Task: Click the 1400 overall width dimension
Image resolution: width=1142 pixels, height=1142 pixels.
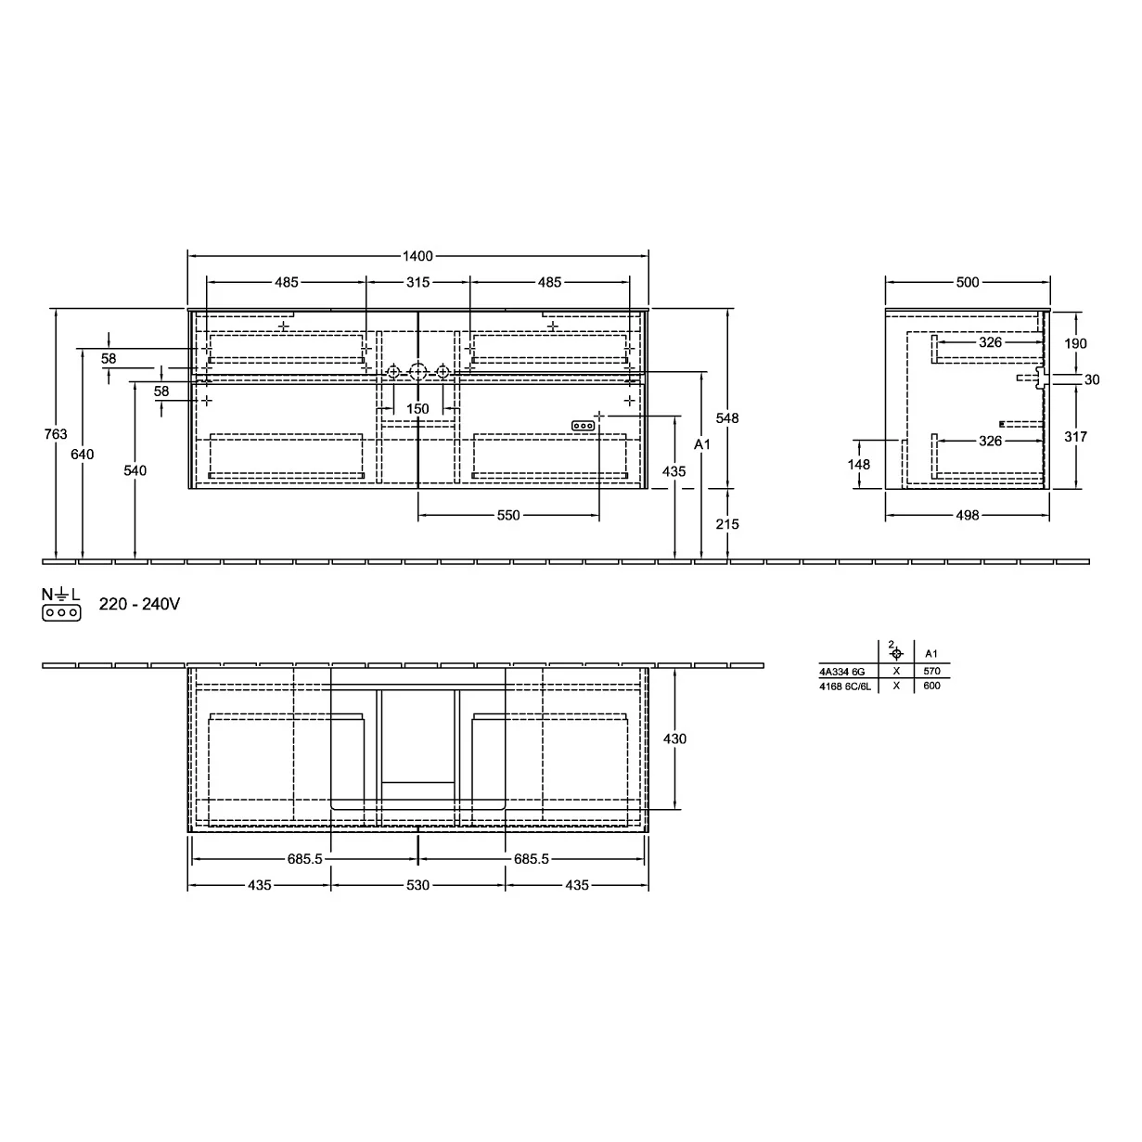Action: (x=417, y=256)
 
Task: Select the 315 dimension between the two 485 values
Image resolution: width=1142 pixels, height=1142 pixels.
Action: (x=417, y=282)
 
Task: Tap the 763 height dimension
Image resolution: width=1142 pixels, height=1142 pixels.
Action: (x=56, y=434)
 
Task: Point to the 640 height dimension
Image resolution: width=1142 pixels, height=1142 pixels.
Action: (x=82, y=454)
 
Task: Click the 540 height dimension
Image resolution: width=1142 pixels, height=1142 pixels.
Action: (x=135, y=470)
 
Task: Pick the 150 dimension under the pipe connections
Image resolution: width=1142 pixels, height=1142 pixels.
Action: (x=417, y=408)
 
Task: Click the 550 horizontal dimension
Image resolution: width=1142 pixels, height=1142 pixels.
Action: (x=507, y=515)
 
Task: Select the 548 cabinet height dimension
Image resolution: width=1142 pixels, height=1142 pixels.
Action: (x=726, y=417)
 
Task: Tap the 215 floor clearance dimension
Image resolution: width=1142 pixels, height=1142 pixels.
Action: (x=726, y=524)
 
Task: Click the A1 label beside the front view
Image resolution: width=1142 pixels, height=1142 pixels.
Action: (x=701, y=443)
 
